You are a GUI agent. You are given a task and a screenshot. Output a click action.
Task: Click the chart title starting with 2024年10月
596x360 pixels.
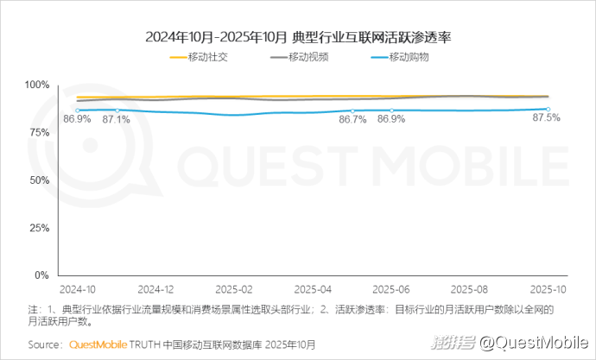[x=298, y=37]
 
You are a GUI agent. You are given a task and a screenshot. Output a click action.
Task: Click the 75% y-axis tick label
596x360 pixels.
[x=39, y=132]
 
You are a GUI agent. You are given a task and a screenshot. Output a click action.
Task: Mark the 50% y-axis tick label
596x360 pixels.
[x=39, y=180]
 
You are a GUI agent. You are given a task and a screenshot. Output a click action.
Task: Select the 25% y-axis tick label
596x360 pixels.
[x=39, y=228]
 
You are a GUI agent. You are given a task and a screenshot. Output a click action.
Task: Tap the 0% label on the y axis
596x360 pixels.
[x=42, y=275]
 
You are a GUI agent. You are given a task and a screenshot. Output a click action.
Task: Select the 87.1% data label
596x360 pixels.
[x=116, y=120]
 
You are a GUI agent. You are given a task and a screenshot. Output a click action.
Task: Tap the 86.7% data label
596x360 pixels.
[x=352, y=120]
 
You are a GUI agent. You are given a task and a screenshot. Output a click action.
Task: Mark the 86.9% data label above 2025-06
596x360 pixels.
[x=391, y=120]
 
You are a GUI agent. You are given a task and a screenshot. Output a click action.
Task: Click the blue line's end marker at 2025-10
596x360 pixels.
[x=548, y=109]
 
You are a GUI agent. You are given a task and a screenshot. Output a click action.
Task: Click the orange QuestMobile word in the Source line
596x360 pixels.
[x=98, y=344]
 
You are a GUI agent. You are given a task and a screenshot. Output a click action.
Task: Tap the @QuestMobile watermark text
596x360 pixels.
[x=535, y=344]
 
